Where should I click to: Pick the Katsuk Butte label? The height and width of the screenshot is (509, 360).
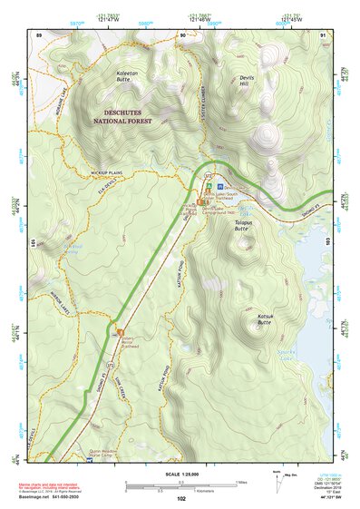(x=264, y=318)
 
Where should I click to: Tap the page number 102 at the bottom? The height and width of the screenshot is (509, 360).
(x=181, y=498)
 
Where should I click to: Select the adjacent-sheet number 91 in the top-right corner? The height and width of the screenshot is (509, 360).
(x=323, y=34)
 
